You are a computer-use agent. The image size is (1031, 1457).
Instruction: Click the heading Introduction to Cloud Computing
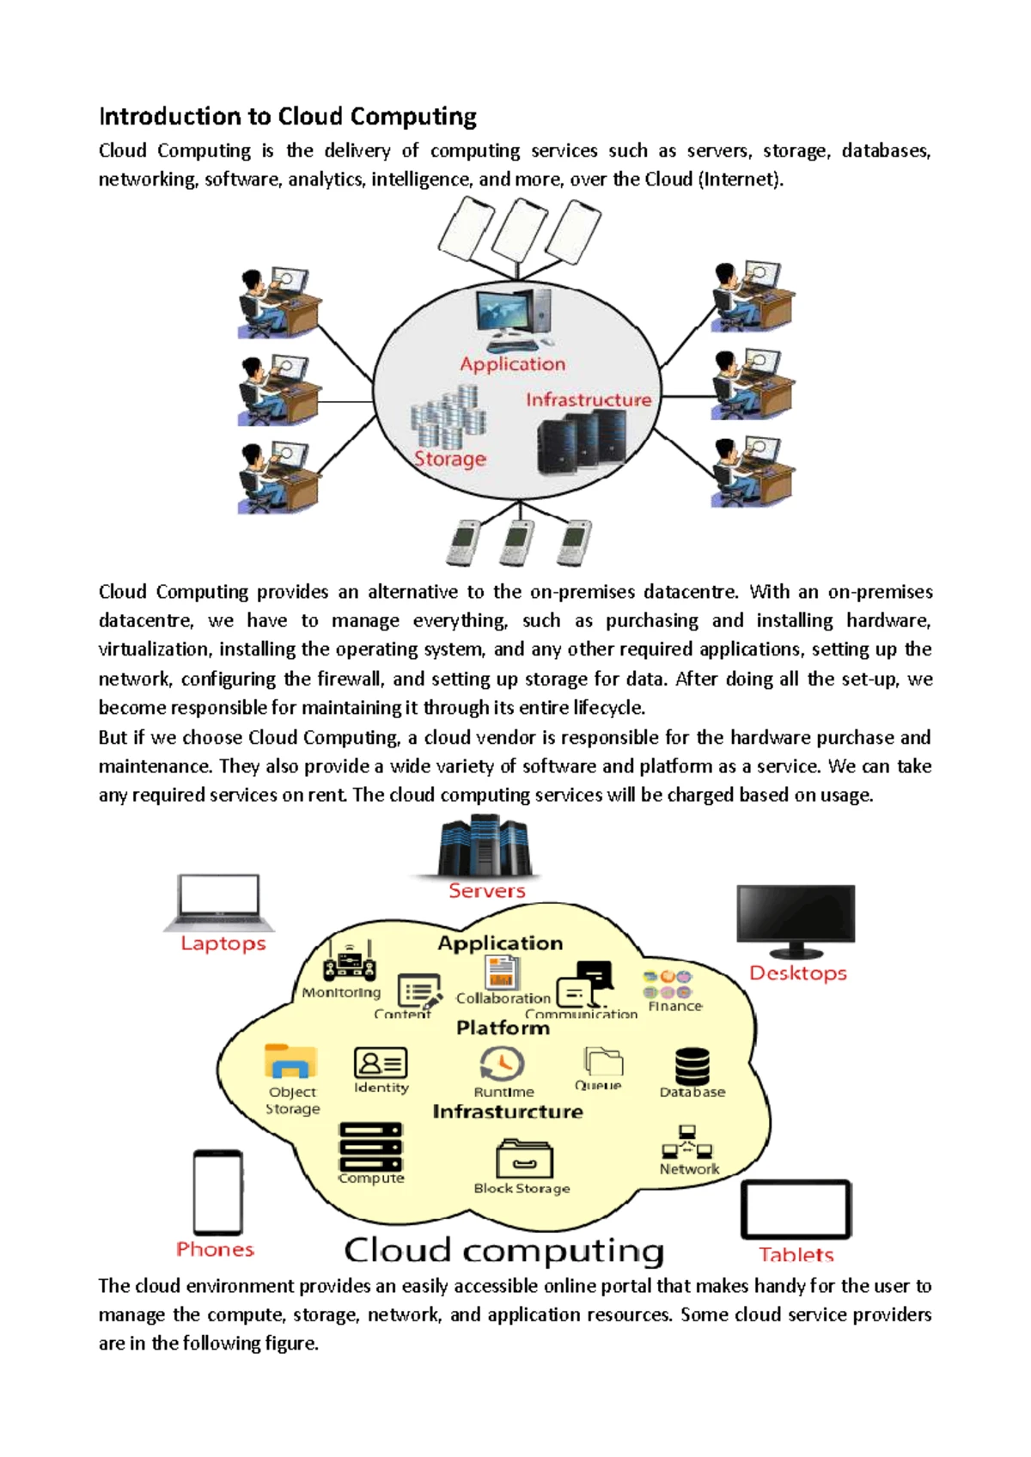coord(288,116)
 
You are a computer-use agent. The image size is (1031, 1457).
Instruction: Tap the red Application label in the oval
coord(513,364)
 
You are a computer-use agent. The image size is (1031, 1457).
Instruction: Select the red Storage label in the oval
coord(450,459)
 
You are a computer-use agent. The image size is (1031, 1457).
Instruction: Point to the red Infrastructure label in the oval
coord(589,399)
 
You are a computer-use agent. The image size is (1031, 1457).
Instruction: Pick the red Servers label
coord(486,891)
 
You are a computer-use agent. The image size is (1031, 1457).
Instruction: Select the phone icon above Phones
coord(217,1192)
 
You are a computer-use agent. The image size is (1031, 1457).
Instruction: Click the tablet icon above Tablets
coord(796,1210)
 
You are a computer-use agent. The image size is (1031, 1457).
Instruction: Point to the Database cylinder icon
coord(692,1066)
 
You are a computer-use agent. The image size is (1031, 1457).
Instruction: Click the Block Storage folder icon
coord(524,1159)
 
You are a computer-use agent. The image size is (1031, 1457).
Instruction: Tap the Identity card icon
coord(381,1063)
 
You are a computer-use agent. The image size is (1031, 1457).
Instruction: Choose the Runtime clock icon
coord(502,1064)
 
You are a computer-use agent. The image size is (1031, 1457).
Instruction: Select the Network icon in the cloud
coord(687,1143)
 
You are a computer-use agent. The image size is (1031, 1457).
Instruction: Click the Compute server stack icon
coord(370,1146)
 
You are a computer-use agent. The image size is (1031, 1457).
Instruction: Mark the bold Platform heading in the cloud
coord(503,1027)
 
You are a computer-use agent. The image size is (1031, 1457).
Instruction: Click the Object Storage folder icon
coord(290,1062)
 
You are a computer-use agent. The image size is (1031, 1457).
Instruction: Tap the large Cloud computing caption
coord(504,1251)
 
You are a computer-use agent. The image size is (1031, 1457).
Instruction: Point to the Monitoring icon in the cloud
coord(349,962)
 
